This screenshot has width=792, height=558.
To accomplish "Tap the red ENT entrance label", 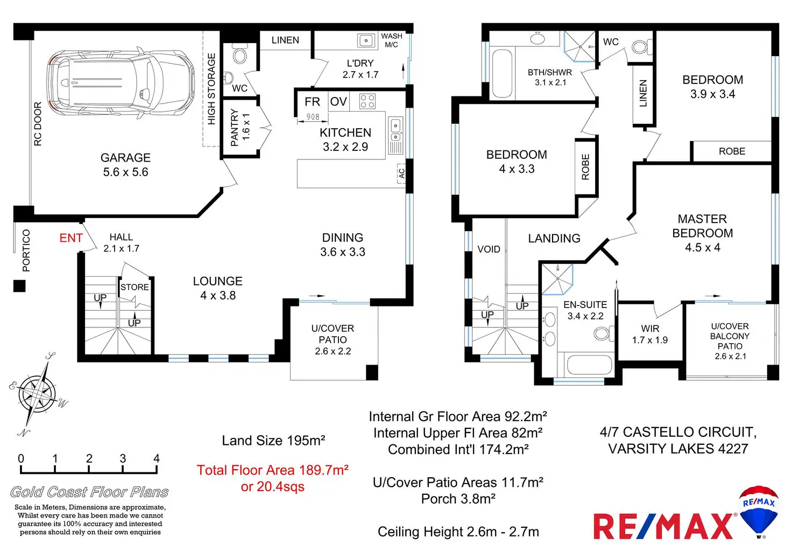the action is (x=71, y=238).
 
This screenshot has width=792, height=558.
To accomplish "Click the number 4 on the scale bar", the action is (x=157, y=458).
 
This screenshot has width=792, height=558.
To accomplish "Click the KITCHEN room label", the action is (x=345, y=133).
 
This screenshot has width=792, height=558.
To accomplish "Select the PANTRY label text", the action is (x=235, y=128).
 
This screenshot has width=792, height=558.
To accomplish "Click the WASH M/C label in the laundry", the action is (x=391, y=40).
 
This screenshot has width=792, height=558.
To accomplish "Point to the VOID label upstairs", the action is (x=489, y=249).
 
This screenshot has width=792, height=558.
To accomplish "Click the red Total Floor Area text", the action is (x=272, y=470).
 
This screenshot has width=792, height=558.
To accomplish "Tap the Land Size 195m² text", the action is (x=273, y=441).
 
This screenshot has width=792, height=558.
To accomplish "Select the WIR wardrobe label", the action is (x=650, y=329).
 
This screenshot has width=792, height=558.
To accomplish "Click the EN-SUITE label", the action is (x=585, y=305).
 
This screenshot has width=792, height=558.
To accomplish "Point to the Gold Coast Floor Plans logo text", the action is (x=89, y=492).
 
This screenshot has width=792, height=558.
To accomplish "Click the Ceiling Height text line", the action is (x=458, y=532).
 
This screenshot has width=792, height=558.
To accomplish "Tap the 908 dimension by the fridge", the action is (x=313, y=117).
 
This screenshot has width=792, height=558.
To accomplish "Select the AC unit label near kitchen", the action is (x=401, y=174).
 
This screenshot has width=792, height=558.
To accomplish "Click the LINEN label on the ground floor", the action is (x=285, y=40).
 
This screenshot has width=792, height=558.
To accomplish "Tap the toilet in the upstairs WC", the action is (x=641, y=46).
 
